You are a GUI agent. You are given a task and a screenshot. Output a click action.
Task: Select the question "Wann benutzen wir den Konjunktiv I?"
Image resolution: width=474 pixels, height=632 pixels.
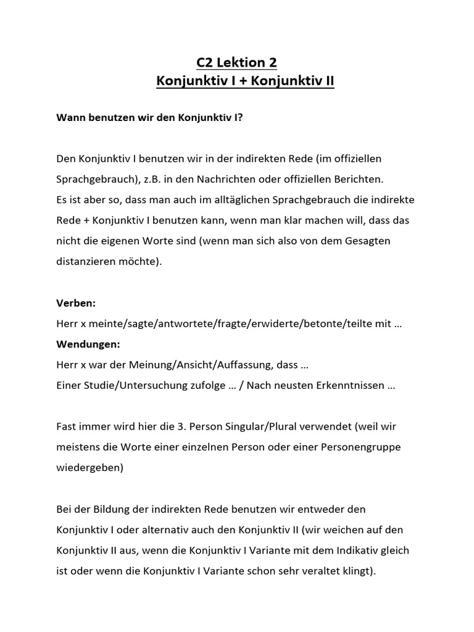(149, 117)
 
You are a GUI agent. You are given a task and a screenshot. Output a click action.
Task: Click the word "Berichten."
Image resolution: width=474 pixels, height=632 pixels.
(355, 179)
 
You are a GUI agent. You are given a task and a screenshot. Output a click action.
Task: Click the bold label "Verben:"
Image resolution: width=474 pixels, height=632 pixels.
(76, 304)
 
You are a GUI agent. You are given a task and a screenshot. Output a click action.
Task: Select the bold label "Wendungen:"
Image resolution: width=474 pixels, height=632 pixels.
(88, 344)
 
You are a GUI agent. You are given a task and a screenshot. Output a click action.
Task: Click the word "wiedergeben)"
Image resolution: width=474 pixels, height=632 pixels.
(90, 467)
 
